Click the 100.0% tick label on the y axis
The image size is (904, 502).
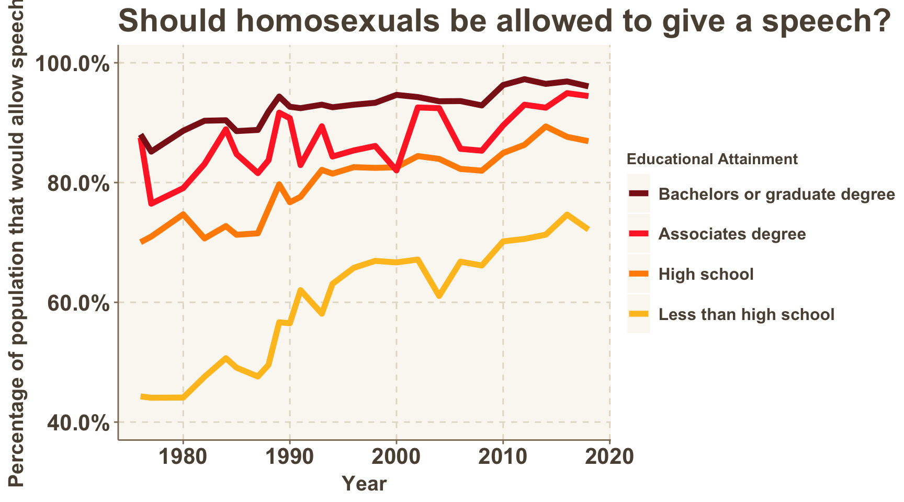tap(73, 64)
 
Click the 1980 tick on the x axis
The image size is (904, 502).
tap(183, 457)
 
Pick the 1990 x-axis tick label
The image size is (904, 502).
tap(290, 457)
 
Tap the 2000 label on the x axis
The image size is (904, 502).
tap(397, 457)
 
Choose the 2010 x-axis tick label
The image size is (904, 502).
tap(503, 457)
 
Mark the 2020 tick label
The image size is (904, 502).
tap(610, 457)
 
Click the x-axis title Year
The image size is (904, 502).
tap(364, 484)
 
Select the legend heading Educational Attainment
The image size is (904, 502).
tap(712, 159)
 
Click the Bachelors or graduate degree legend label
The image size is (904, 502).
tap(776, 194)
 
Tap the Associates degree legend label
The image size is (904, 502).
tap(732, 234)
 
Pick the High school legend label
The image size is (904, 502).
tap(706, 274)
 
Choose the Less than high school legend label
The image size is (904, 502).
tap(746, 314)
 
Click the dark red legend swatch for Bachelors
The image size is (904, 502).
tap(639, 193)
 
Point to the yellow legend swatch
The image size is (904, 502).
tap(639, 314)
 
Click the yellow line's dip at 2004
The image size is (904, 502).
tap(439, 296)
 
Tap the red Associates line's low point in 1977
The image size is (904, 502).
tap(151, 203)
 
